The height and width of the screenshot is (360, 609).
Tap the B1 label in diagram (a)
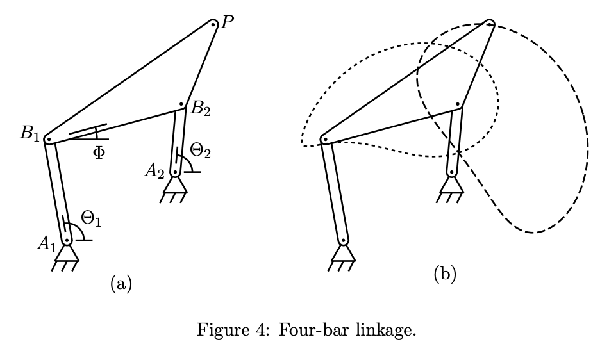pyautogui.click(x=29, y=134)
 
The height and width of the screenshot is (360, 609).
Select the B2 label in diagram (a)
pyautogui.click(x=199, y=109)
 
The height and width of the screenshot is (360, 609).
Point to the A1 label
pyautogui.click(x=46, y=243)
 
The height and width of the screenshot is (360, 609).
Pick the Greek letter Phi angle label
pyautogui.click(x=98, y=154)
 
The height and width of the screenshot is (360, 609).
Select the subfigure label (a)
pyautogui.click(x=121, y=282)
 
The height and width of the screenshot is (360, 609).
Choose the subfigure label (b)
pyautogui.click(x=445, y=275)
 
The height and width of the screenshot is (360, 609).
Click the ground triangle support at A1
pyautogui.click(x=66, y=254)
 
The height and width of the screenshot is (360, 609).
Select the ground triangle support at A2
pyautogui.click(x=174, y=185)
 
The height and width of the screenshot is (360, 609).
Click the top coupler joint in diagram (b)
pyautogui.click(x=488, y=24)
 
